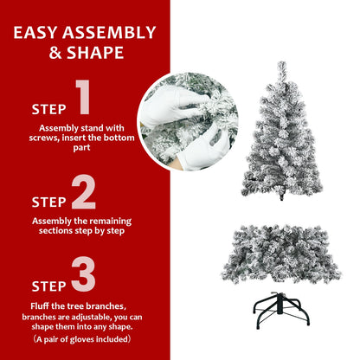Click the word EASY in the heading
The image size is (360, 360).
pos(39,34)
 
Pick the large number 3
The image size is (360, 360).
pos(83,274)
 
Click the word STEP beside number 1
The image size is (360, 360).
pos(48,110)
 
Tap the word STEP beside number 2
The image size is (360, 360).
pos(48,202)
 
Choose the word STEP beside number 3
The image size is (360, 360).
pos(48,286)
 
